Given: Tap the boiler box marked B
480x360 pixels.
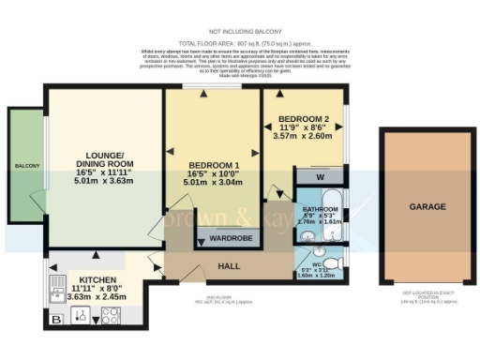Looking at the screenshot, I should [x=56, y=319].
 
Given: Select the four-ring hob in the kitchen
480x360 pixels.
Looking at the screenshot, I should [x=109, y=316].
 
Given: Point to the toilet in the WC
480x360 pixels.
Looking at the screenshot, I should [x=332, y=266].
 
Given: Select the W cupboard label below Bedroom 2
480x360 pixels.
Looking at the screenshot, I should [x=321, y=176].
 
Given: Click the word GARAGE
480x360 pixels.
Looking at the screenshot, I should [x=427, y=206].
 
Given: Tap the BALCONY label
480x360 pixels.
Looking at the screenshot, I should [x=26, y=166].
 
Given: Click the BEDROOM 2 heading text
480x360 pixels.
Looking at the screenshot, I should [x=304, y=120].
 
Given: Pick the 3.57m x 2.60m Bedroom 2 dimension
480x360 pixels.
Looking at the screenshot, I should [x=304, y=137].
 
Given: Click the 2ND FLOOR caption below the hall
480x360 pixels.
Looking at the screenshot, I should [x=224, y=301].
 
